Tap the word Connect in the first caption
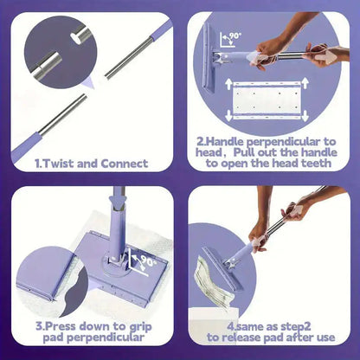pyautogui.click(x=122, y=162)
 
